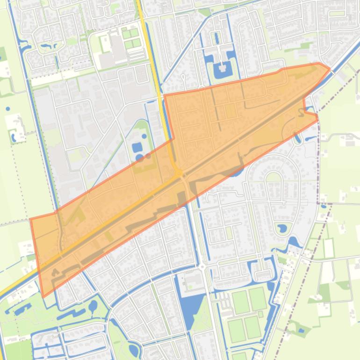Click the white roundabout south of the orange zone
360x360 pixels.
[202, 267]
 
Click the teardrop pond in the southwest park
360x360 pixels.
[93, 307]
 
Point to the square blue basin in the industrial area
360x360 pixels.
[137, 148]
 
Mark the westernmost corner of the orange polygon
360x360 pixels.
[30, 219]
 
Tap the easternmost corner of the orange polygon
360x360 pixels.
[330, 69]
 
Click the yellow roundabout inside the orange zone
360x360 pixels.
[179, 174]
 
